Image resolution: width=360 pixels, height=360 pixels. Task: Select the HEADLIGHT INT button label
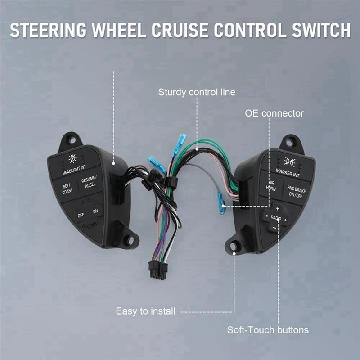click(x=74, y=171)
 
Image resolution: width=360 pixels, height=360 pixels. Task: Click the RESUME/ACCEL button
click(x=89, y=182)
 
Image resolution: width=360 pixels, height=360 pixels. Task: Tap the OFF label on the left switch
click(x=81, y=215)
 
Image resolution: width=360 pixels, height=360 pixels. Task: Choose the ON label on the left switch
click(x=95, y=211)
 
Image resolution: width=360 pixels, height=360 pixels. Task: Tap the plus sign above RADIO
click(x=277, y=208)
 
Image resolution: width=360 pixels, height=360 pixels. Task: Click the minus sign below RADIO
click(x=274, y=228)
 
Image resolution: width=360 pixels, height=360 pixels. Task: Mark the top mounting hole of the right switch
click(x=288, y=141)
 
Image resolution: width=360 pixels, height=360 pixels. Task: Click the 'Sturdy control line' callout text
click(x=197, y=93)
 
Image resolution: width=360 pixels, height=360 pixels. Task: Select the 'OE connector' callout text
click(x=274, y=113)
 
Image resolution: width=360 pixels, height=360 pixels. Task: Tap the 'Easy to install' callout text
click(x=146, y=311)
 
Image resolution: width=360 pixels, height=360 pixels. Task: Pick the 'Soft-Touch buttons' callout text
click(x=268, y=330)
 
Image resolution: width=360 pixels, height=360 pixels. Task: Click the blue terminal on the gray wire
click(x=221, y=203)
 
